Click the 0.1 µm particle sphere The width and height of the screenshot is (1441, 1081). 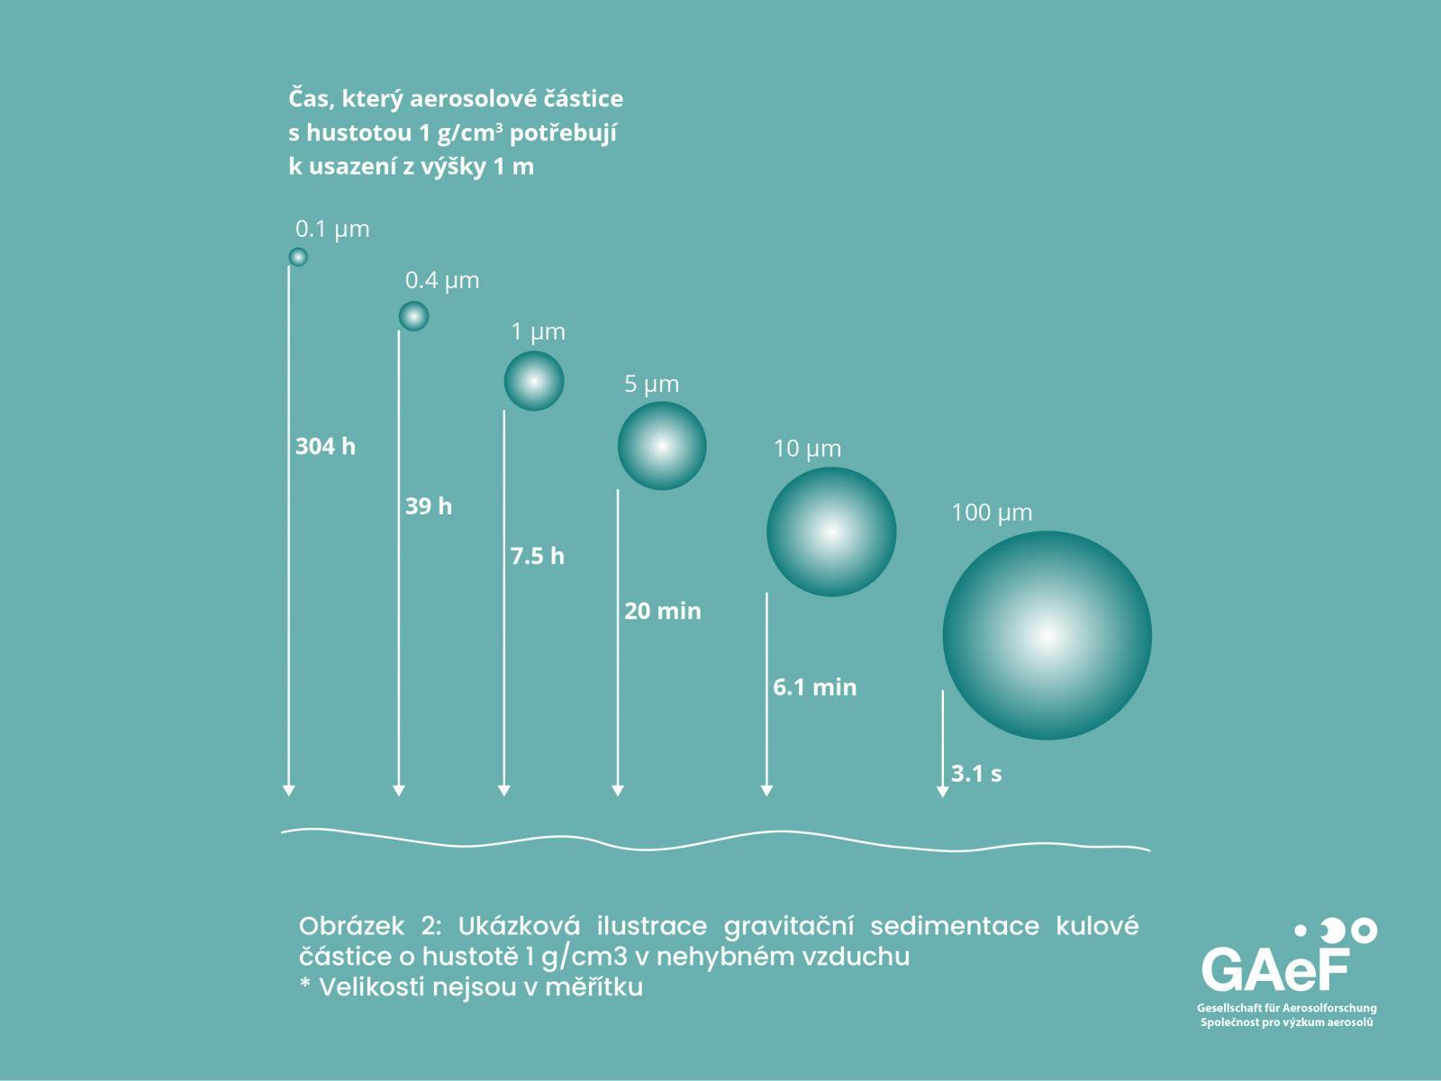click(298, 257)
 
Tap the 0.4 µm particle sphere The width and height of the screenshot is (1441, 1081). click(413, 316)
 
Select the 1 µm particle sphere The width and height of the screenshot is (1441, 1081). click(534, 381)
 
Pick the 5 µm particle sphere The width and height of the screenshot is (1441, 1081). click(662, 446)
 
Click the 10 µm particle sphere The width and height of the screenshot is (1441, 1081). click(831, 531)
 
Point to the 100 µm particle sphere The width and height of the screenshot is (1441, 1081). click(1047, 635)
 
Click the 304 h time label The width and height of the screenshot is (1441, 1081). click(326, 446)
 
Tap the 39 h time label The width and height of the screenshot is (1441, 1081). click(429, 506)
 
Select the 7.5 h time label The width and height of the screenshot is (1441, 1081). click(538, 556)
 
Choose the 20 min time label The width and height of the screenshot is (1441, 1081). click(663, 611)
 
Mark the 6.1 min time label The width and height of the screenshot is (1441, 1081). click(815, 687)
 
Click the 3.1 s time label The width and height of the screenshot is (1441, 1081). click(976, 773)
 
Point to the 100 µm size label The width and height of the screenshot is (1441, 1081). click(992, 513)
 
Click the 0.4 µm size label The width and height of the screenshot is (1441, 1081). click(442, 281)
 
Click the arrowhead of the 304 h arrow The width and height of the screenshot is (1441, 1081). click(288, 791)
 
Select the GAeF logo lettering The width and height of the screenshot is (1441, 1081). click(1276, 969)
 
